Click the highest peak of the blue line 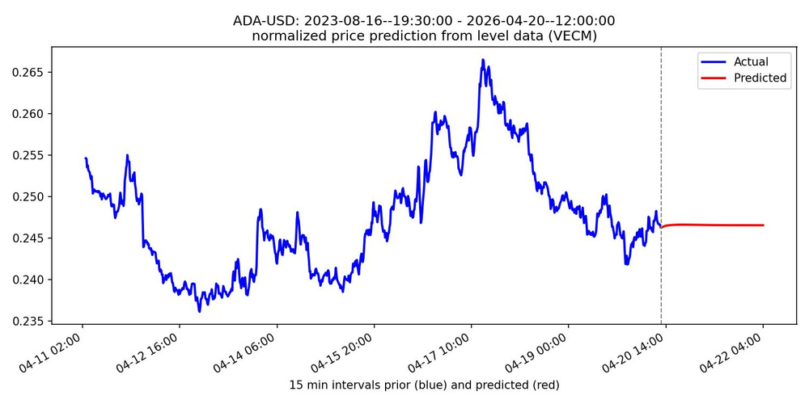[x=483, y=60]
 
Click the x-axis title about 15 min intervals [x=424, y=385]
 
